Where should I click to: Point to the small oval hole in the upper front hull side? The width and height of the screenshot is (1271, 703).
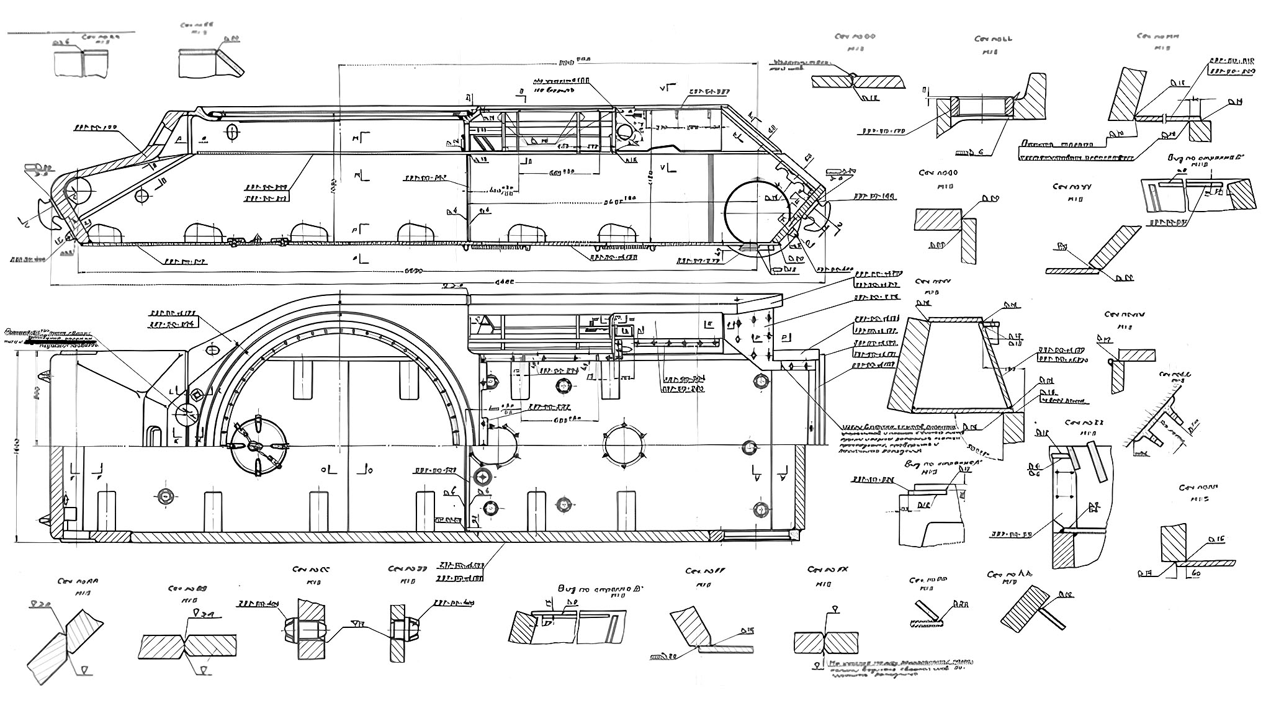pos(233,132)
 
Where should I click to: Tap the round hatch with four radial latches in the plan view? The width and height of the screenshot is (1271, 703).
pos(259,446)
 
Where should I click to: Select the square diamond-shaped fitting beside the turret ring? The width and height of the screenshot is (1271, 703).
pos(196,395)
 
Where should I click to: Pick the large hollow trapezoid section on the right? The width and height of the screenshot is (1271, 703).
pos(945,365)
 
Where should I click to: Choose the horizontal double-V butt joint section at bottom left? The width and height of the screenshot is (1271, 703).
pos(188,646)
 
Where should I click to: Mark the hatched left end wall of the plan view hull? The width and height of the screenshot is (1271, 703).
pos(56,490)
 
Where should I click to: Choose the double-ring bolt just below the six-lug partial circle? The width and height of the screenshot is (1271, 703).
pos(483,477)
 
